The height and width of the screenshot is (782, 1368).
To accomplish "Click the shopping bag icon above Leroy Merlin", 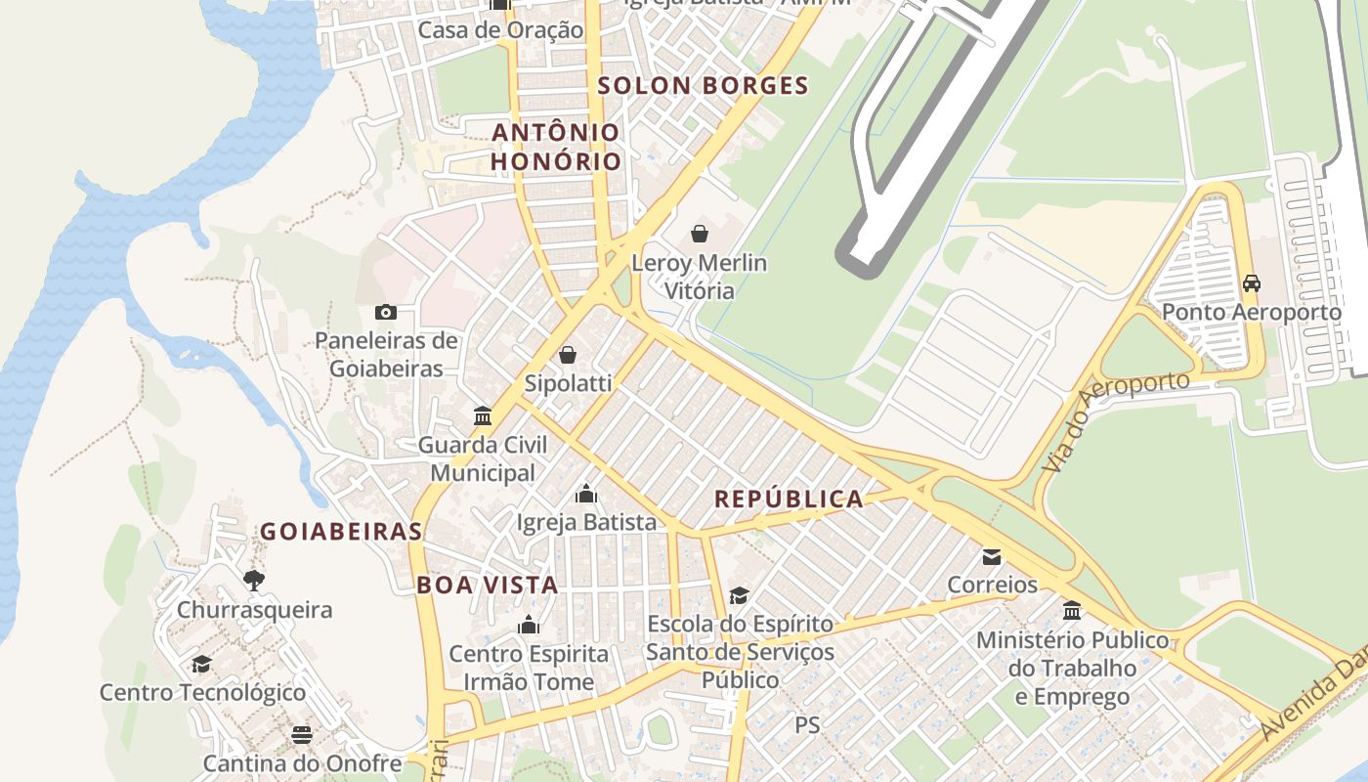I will point(700,234).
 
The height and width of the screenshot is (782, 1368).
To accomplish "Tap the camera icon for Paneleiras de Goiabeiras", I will point(386,312).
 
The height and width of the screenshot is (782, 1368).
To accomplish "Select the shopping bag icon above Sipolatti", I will point(567,355).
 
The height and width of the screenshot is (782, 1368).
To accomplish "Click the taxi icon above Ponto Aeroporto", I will point(1251,283).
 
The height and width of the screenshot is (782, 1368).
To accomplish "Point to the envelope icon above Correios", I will point(992,557).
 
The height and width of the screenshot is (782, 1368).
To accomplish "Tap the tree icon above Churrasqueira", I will point(254,581).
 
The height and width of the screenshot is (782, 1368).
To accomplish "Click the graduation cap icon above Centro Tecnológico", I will point(201,664).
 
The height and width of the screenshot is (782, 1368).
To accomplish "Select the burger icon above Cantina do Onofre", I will point(302,734).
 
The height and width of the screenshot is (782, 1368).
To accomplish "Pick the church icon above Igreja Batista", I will point(586,494).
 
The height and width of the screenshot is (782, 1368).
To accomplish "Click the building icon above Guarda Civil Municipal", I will point(483,416).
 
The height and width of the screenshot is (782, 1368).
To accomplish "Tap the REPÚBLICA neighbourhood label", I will point(789,500).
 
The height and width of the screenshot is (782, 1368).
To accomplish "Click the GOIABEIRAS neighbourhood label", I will point(341,532).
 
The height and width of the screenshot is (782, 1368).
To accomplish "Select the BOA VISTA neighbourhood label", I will point(487,586).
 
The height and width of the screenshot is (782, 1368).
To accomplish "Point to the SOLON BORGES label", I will point(703,86).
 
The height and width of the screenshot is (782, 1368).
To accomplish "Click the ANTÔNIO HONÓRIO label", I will point(556,147).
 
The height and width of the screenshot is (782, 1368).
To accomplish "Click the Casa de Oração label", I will point(500,30).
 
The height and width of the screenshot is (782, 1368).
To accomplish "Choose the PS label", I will point(807,725).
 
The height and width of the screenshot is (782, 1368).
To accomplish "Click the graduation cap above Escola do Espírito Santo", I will point(740,595).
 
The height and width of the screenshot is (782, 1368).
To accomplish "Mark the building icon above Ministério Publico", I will point(1072,611).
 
